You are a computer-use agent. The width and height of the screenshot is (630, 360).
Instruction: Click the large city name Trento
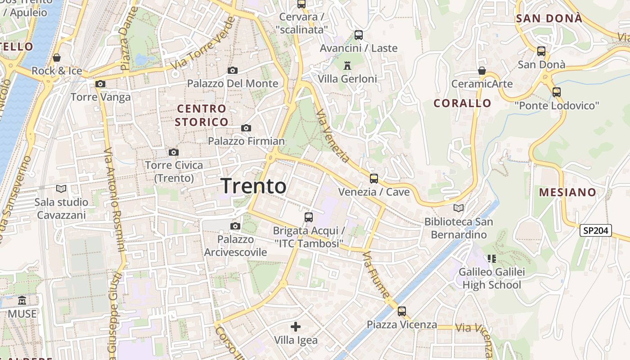pyautogui.click(x=253, y=186)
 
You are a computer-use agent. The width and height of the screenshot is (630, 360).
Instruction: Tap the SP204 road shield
pyautogui.click(x=596, y=231)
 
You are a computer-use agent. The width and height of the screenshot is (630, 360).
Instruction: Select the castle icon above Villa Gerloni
pyautogui.click(x=347, y=66)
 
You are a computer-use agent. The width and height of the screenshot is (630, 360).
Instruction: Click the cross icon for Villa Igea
pyautogui.click(x=296, y=327)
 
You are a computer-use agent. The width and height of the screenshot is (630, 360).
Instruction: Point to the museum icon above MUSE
pyautogui.click(x=22, y=300)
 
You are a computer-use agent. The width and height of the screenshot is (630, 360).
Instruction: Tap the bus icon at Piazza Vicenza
pyautogui.click(x=401, y=311)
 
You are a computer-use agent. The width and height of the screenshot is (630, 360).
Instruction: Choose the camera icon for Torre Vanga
pyautogui.click(x=100, y=84)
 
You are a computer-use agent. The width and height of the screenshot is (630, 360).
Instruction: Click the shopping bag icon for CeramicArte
pyautogui.click(x=481, y=71)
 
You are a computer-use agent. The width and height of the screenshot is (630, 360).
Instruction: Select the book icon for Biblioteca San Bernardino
pyautogui.click(x=459, y=208)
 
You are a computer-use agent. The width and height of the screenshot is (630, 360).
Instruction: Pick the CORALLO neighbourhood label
pyautogui.click(x=462, y=103)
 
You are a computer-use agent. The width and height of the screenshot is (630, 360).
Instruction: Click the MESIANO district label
pyautogui.click(x=567, y=192)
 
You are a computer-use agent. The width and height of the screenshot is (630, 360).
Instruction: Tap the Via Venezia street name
pyautogui.click(x=333, y=136)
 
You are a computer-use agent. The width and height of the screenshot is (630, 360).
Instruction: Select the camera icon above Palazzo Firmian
pyautogui.click(x=246, y=128)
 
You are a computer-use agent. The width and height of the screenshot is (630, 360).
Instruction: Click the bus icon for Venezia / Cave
pyautogui.click(x=373, y=179)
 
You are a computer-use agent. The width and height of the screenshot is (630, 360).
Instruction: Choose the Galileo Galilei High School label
pyautogui.click(x=491, y=279)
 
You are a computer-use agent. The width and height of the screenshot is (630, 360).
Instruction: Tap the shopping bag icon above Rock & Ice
pyautogui.click(x=57, y=58)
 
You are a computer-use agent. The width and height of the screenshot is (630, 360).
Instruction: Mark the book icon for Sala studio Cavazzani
pyautogui.click(x=61, y=189)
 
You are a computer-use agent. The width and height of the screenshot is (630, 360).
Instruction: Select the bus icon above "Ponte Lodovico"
pyautogui.click(x=557, y=92)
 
